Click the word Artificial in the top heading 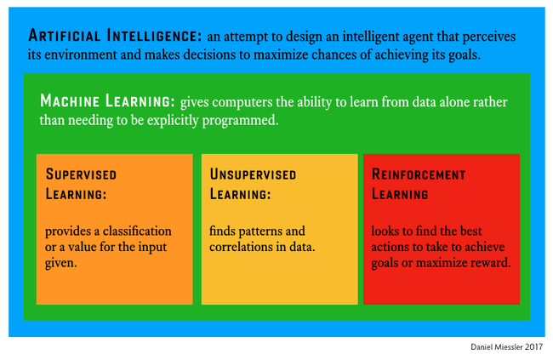65,36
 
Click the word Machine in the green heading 70,101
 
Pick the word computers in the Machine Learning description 242,102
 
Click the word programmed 240,121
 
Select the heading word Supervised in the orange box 81,174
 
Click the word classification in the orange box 137,231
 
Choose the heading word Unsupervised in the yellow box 253,174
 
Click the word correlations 241,247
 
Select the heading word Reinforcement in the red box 419,174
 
